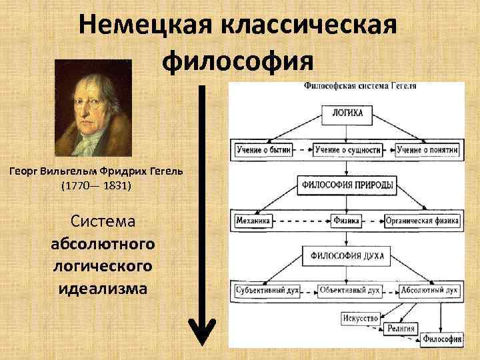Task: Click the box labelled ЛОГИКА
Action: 347,113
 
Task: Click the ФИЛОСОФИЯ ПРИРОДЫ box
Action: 347,185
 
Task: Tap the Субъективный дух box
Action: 267,291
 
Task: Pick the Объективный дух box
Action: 349,291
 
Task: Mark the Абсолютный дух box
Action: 428,291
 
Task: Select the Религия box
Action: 401,328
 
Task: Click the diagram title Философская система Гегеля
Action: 360,86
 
